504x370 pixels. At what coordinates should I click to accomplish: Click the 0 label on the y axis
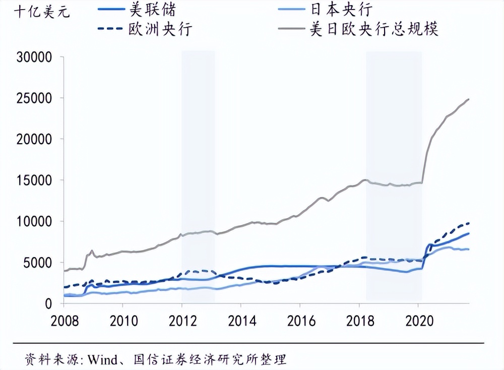(x=49, y=304)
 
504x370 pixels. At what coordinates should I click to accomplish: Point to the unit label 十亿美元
(x=35, y=12)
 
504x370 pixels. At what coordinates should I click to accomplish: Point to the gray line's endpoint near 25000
(x=469, y=99)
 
